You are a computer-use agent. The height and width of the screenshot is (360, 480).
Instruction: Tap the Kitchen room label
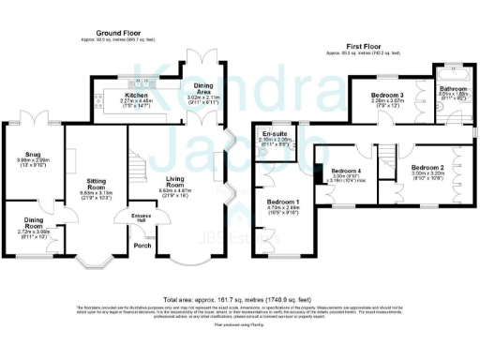point(134,95)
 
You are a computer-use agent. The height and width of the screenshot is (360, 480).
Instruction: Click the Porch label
point(142,245)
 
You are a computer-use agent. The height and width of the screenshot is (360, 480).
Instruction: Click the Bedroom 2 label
point(427,167)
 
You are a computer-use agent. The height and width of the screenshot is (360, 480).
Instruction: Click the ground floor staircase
point(138,169)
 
